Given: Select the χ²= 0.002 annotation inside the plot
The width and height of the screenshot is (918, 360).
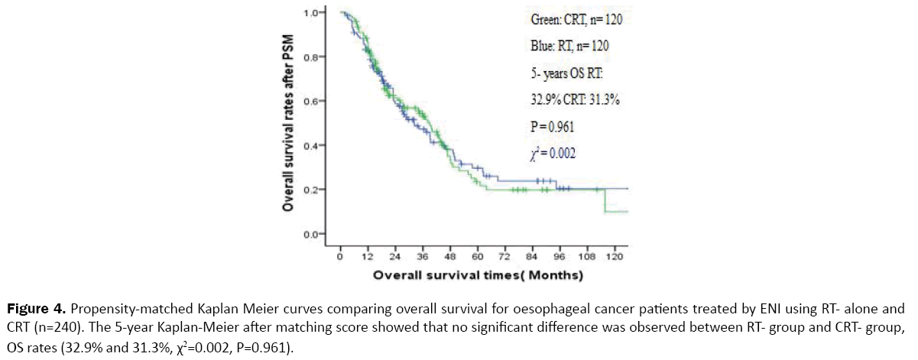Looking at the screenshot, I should tap(551, 154).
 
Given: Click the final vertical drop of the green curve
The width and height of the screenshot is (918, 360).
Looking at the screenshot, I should tap(605, 201).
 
